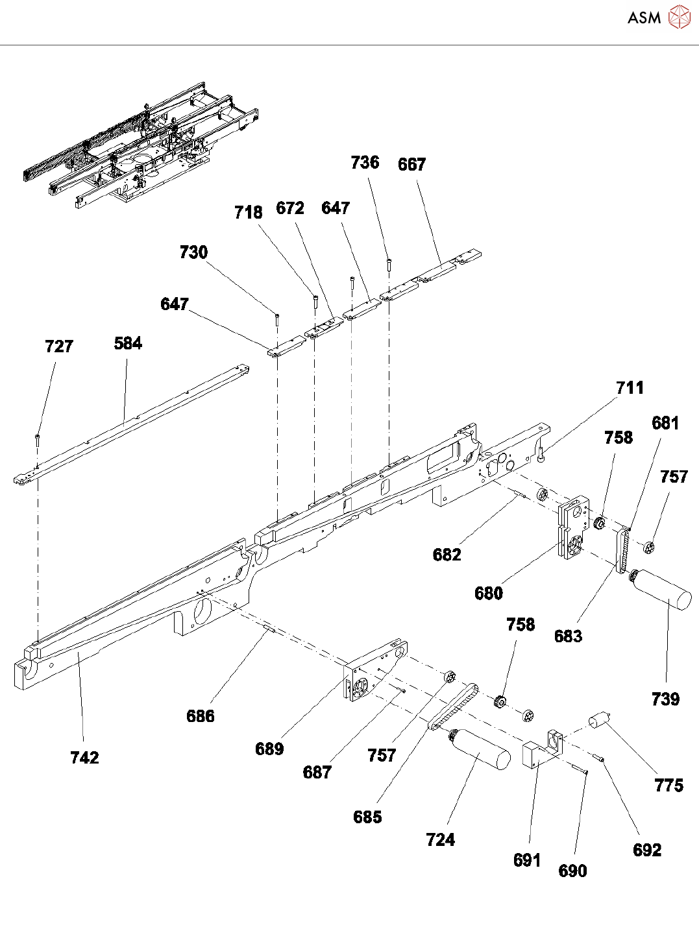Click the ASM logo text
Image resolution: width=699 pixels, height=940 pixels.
[x=644, y=18]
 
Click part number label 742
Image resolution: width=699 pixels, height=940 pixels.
[x=84, y=757]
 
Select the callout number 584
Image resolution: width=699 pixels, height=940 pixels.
[x=128, y=343]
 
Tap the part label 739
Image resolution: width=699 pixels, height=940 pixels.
[x=665, y=699]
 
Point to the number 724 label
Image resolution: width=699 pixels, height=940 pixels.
[x=440, y=839]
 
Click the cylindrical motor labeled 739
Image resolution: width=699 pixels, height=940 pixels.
[x=662, y=590]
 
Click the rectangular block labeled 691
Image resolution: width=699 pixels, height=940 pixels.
[x=535, y=754]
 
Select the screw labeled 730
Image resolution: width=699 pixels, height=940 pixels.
[x=277, y=318]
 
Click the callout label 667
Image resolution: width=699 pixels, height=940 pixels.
[x=411, y=165]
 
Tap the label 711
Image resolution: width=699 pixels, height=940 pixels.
[x=630, y=388]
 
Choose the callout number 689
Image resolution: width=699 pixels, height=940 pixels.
[x=269, y=749]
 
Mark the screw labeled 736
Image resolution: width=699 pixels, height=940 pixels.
[x=388, y=263]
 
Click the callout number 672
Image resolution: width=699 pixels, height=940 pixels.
[x=289, y=208]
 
